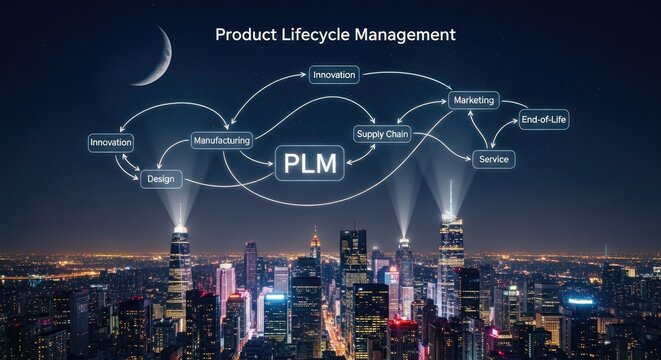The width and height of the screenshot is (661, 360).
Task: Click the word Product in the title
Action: click(x=246, y=35)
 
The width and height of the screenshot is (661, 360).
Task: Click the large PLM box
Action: click(x=309, y=162)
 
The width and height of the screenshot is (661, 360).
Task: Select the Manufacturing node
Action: click(x=221, y=141)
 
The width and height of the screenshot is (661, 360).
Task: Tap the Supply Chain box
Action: click(x=382, y=134)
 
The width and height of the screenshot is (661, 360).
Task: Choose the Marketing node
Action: click(x=474, y=101)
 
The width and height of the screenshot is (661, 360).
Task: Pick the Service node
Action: click(x=493, y=159)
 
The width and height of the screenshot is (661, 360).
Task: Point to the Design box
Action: click(x=161, y=179)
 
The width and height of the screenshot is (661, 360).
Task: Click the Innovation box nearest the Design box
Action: click(x=111, y=142)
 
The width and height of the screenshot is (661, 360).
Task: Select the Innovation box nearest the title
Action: click(x=334, y=75)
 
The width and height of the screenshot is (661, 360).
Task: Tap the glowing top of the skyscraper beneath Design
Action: click(x=180, y=232)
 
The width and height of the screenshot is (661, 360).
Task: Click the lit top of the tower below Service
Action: click(x=451, y=218)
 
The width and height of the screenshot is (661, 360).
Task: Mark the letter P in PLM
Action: click(x=291, y=162)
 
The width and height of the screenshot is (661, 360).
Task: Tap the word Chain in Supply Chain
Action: click(x=395, y=134)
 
